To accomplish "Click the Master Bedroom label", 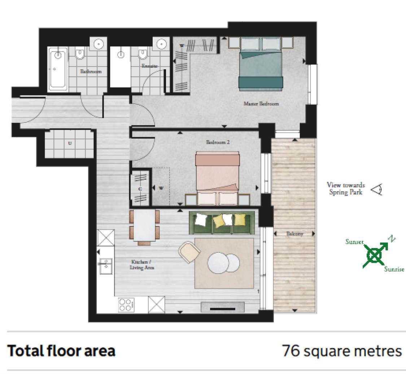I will point(261,104).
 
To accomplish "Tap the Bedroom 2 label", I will point(218,142).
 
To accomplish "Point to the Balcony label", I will point(294,234).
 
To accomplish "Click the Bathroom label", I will point(91,71).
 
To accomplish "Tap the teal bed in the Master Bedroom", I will point(261,69).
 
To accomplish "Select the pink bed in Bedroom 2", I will point(217,173).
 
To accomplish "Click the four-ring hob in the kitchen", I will point(126,305).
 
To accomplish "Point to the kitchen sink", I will point(106,266).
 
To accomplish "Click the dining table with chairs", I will point(144,225).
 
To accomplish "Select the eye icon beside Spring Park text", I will point(377,189).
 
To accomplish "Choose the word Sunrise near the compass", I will point(394,269).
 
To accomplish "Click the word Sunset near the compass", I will point(354,242).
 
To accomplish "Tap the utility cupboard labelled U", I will point(70,143).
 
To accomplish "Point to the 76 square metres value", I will point(341,351).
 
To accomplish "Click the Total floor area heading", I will point(61,351).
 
